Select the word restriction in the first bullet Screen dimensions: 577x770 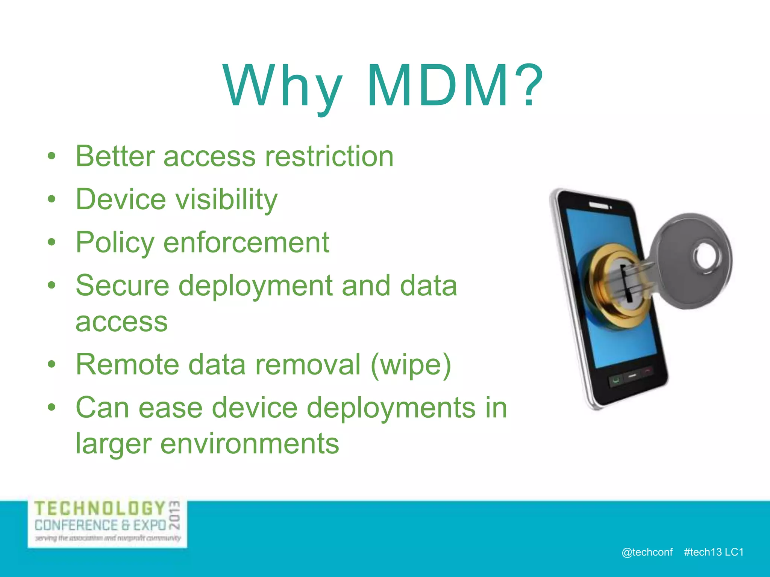(329, 156)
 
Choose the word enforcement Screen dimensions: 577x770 (246, 242)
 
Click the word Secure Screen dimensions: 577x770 (123, 285)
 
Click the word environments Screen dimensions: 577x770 (250, 444)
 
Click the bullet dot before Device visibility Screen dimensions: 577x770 (52, 199)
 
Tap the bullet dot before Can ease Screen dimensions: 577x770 (52, 408)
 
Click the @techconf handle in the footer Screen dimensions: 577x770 (647, 552)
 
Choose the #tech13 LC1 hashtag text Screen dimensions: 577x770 (714, 552)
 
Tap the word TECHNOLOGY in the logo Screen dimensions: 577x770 (100, 509)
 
